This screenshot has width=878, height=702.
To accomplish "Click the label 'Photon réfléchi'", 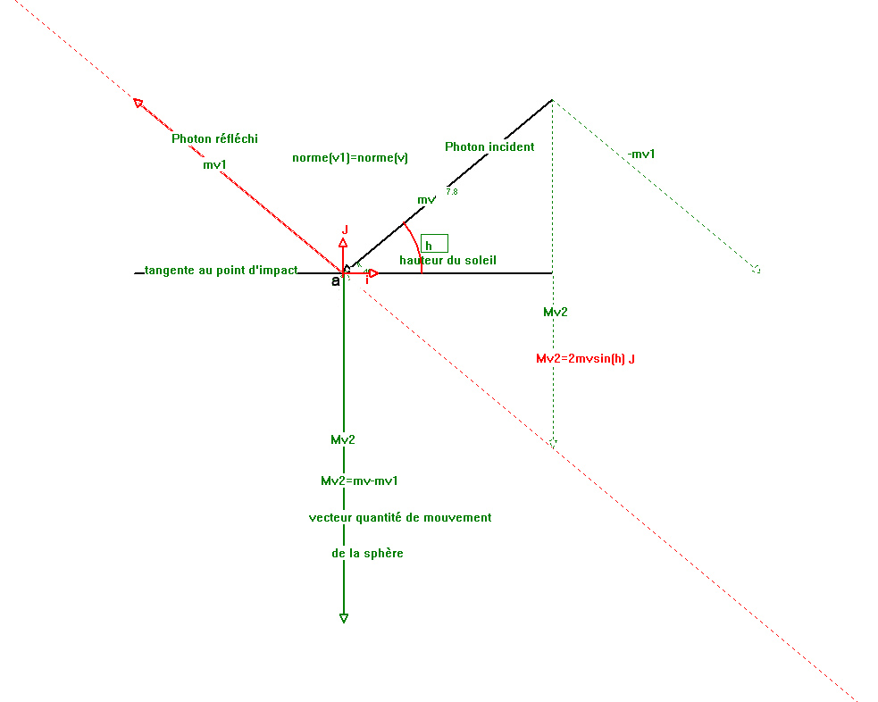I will [x=214, y=138].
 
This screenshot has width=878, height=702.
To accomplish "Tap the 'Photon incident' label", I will [x=489, y=146].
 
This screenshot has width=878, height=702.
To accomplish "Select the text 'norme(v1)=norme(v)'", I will [x=350, y=158].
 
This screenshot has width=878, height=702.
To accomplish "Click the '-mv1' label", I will [x=641, y=154].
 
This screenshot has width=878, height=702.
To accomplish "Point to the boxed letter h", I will [x=433, y=244].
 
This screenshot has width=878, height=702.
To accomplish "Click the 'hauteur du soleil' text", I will [x=447, y=260].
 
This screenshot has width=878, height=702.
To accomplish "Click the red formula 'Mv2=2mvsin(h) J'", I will [x=585, y=358].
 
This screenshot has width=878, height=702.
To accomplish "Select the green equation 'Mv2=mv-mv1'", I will [x=359, y=481].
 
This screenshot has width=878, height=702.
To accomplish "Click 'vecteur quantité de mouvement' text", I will [x=400, y=517].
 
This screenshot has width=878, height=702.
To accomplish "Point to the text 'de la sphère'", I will [x=367, y=553].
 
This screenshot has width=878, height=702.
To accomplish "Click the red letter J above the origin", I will [x=345, y=230].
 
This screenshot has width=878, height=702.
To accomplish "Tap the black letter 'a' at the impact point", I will [x=336, y=280].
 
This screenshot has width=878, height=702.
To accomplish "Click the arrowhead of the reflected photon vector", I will [x=138, y=103].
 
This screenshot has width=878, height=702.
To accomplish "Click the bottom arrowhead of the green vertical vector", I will [x=344, y=618].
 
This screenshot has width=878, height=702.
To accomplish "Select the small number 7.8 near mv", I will [x=451, y=192].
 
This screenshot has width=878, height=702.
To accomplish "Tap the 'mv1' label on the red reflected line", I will [x=214, y=164].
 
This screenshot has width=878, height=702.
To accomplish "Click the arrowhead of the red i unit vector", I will [x=373, y=273].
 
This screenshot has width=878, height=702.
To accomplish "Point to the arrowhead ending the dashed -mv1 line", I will [x=756, y=268].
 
